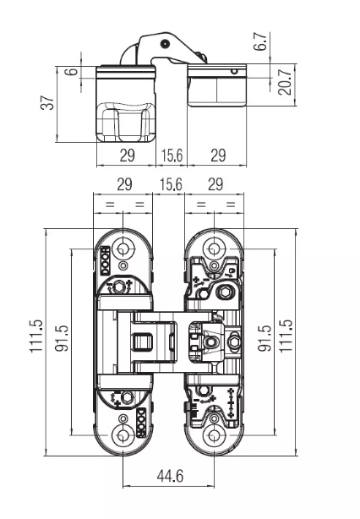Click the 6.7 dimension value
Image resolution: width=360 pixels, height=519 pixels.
[x=261, y=41]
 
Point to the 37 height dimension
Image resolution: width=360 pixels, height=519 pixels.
[x=47, y=102]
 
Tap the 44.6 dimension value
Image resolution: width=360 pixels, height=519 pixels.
[x=170, y=476]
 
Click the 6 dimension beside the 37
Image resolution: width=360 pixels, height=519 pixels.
[x=74, y=71]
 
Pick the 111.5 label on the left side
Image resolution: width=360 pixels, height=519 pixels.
[x=36, y=336]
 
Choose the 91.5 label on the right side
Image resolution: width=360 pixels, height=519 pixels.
[x=265, y=338]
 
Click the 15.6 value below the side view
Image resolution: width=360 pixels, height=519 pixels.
[x=172, y=155]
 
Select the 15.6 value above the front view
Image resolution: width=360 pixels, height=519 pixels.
[x=171, y=184]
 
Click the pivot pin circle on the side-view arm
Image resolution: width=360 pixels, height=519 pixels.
[x=165, y=43]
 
